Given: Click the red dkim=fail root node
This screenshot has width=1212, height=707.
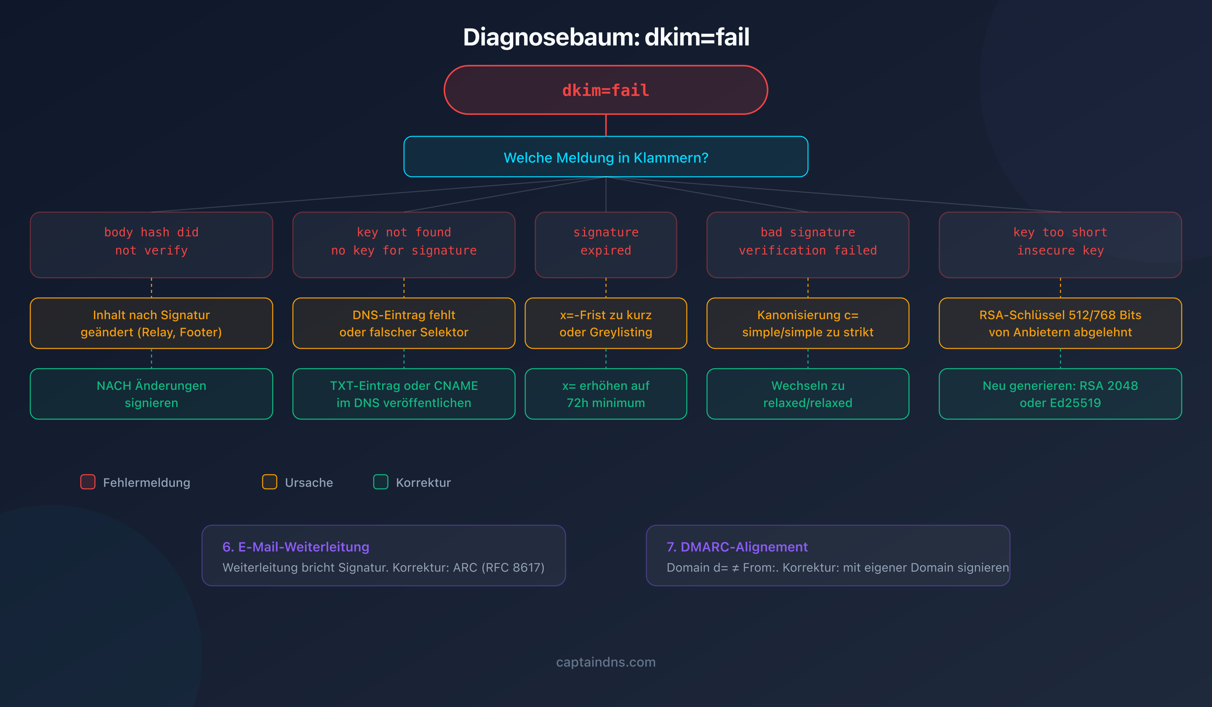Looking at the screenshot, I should (606, 90).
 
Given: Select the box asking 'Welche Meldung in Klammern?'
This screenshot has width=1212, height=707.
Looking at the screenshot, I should (606, 157).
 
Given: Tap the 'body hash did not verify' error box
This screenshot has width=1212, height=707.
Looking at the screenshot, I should (151, 244).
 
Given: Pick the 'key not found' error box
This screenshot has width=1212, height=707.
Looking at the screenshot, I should (404, 244).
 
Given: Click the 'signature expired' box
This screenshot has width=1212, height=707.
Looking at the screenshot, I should (606, 244).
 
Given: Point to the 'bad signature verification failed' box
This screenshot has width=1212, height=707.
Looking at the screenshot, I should (808, 244).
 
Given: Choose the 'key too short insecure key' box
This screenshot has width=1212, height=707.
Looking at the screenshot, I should (1060, 244).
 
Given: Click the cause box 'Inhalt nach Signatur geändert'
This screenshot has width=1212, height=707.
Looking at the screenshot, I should (151, 323).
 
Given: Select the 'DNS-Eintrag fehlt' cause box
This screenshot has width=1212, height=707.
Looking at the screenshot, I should (404, 323).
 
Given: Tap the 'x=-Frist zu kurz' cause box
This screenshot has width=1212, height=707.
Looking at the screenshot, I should (606, 323).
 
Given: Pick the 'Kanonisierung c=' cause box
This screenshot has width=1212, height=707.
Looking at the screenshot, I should (808, 323).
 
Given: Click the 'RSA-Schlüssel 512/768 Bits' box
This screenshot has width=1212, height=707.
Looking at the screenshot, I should (1060, 323).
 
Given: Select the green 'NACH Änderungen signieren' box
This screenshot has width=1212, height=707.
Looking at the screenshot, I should (151, 394).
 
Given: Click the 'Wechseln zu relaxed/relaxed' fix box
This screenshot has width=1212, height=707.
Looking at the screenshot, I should (808, 394).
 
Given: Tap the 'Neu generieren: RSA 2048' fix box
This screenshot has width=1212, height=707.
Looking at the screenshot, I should (1060, 394).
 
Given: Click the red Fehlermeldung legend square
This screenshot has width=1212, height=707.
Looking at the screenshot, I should (88, 481).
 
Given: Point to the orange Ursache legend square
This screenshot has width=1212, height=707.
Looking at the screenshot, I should (269, 481).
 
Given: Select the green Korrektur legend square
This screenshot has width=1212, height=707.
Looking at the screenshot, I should (380, 481).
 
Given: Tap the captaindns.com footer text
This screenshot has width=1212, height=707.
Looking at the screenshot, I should (606, 662).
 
